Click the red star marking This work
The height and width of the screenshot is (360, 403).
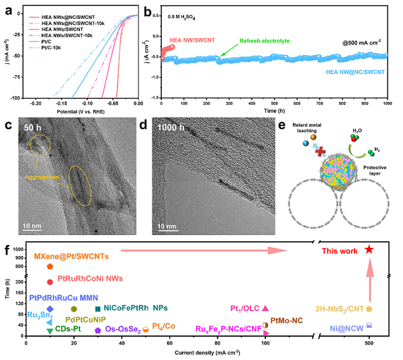[368, 249]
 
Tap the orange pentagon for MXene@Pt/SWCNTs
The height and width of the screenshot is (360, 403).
[50, 267]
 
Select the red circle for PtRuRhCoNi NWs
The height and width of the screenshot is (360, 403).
[50, 281]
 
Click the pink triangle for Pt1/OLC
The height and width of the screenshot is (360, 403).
[265, 308]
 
